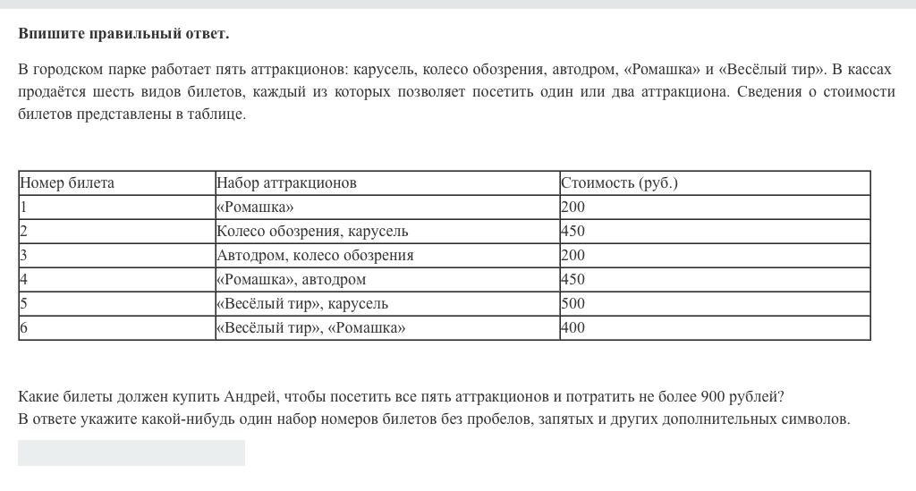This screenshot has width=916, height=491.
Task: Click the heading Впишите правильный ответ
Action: point(123,34)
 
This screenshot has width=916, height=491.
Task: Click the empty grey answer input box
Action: point(131,453)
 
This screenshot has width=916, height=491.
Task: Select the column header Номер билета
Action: point(67,183)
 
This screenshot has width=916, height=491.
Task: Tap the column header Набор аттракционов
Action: point(286,183)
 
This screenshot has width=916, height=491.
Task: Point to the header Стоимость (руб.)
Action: point(619,183)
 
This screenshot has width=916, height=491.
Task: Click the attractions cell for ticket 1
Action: point(255,207)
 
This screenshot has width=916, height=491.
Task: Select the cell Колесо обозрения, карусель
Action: point(312,232)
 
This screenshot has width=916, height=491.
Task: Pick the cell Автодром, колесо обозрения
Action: point(315,256)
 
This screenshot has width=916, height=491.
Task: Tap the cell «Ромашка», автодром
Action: point(291,280)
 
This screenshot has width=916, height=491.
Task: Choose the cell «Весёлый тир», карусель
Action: point(302,304)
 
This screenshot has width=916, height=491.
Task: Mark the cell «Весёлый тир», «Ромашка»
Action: point(310,328)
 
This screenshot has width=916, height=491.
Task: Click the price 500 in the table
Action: point(572,304)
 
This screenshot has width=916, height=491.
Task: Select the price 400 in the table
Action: point(572,328)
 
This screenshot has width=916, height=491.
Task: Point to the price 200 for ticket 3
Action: point(572,256)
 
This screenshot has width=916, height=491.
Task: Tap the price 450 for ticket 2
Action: point(572,232)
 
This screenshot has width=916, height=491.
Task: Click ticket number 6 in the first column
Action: point(24,328)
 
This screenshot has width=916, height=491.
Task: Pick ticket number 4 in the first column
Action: point(24,280)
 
